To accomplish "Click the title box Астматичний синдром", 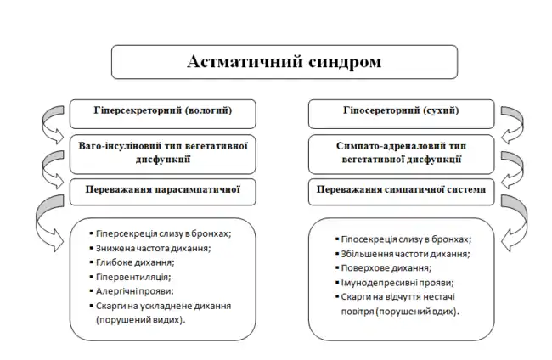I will tap(284, 62).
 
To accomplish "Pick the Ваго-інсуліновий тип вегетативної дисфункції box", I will tap(162, 151).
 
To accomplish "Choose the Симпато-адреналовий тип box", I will tap(398, 151).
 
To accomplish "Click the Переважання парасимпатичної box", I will tap(162, 190).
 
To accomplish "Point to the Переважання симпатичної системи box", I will tap(398, 190).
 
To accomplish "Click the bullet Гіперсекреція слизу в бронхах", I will tap(164, 233).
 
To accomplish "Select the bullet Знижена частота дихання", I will tap(153, 248).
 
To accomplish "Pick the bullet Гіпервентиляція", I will tap(134, 277).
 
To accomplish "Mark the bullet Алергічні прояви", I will tap(138, 290).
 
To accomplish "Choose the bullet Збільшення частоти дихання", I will tap(406, 254).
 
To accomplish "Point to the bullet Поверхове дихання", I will tap(386, 268).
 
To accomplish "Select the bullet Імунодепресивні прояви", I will tap(397, 283).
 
